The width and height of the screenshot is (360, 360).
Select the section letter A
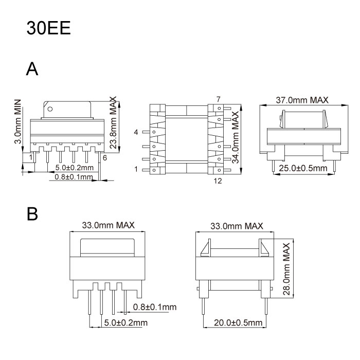(32, 68)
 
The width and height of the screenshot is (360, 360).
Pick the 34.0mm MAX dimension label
(236, 138)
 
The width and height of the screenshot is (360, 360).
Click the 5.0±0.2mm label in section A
(75, 168)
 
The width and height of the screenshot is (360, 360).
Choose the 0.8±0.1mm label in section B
(154, 308)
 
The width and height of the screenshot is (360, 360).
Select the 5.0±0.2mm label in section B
(125, 322)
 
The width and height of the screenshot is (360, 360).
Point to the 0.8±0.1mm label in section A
(74, 177)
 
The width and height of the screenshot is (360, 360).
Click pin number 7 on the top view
(218, 99)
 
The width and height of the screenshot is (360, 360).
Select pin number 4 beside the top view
(136, 133)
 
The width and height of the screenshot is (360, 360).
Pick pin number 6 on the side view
(104, 158)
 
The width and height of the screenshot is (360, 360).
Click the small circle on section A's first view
(50, 109)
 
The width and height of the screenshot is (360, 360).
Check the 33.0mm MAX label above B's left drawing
(108, 225)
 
